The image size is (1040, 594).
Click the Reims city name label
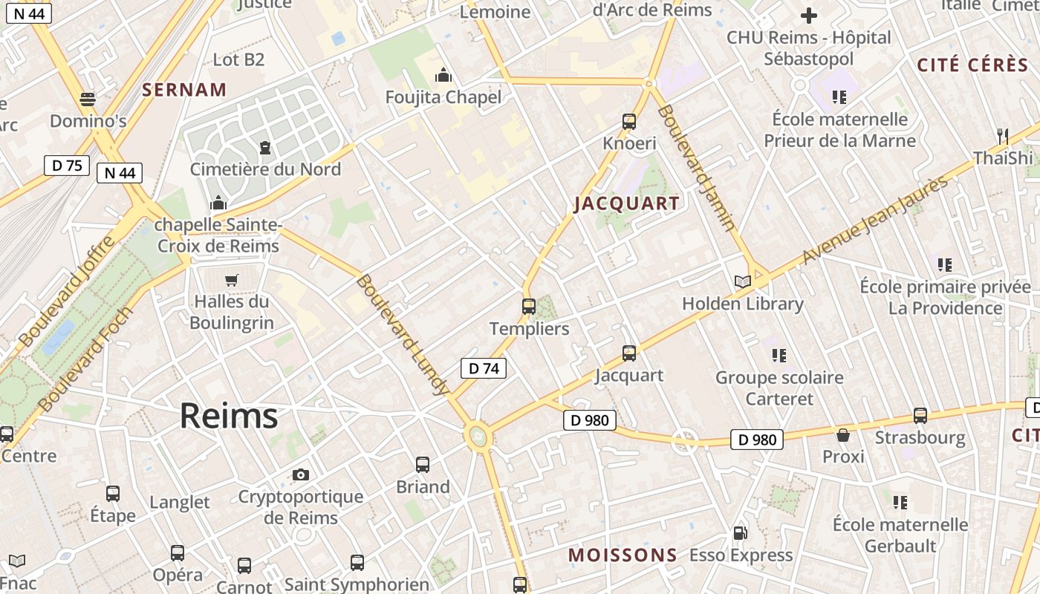[229, 416]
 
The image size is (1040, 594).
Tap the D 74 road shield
[484, 368]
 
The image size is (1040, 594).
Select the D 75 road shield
[67, 165]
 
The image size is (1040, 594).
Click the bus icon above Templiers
[529, 306]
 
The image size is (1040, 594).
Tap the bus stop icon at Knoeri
[629, 121]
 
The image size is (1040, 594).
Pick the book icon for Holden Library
[743, 281]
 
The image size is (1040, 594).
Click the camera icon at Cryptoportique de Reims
[301, 474]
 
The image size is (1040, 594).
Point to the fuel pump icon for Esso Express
[740, 533]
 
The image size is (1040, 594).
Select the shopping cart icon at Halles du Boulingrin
[232, 280]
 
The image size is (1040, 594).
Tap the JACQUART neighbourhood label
[627, 203]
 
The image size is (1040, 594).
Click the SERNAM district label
[184, 90]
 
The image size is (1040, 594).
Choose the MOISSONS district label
[623, 555]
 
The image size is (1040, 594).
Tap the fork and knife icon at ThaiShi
[1003, 136]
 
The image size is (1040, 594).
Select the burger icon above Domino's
[88, 99]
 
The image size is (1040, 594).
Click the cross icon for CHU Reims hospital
[809, 15]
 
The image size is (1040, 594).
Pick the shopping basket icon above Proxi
[843, 434]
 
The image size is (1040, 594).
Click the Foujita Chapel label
[443, 97]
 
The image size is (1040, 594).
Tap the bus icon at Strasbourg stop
[920, 416]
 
